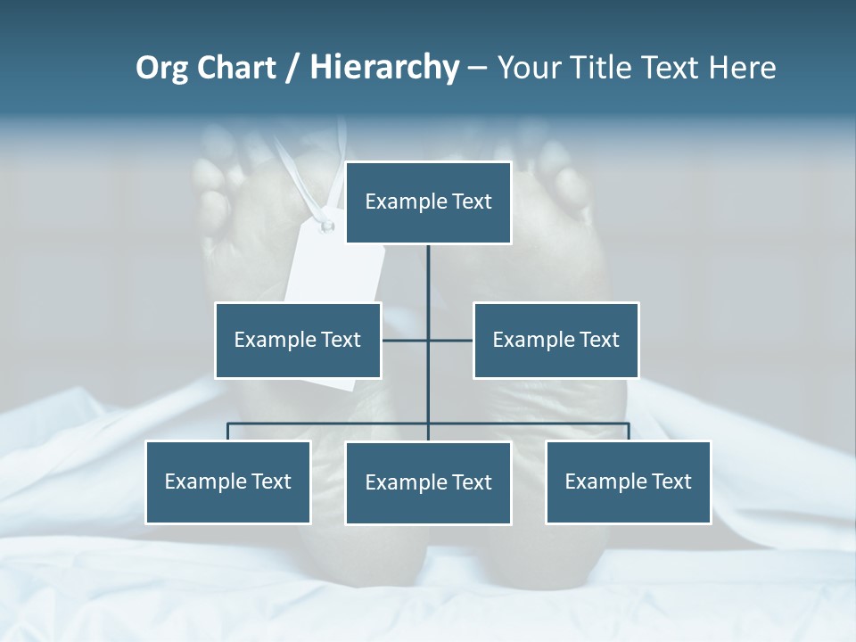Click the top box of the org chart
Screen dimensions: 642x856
coord(428,202)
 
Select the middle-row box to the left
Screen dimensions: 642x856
coord(298,340)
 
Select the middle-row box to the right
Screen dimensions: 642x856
coord(556,340)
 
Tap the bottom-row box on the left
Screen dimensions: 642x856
coord(228,481)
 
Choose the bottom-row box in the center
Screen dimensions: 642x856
coord(428,482)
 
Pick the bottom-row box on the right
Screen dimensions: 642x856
coord(628,481)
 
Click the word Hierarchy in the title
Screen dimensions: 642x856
coord(383,68)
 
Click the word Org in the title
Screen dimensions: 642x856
coord(160,68)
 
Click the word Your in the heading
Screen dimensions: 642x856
coord(528,68)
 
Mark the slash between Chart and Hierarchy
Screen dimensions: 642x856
coord(293,69)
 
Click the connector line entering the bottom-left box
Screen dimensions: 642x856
coord(228,432)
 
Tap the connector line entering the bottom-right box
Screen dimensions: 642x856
coord(628,432)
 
